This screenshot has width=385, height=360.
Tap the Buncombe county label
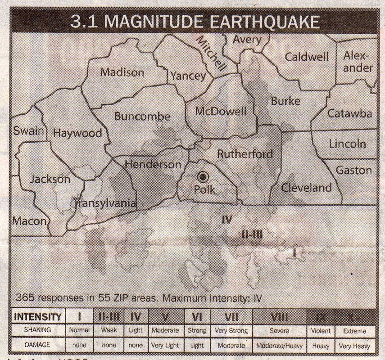tap(142, 117)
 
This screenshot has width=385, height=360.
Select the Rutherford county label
tap(245, 154)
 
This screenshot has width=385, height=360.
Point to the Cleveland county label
tap(306, 188)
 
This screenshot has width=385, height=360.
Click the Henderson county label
tap(153, 165)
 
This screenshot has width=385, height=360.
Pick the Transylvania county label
tap(105, 203)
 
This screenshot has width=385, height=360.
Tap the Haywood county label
tap(77, 133)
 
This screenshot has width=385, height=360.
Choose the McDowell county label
tap(221, 111)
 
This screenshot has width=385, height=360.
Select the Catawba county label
tap(350, 113)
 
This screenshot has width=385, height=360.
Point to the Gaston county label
tap(354, 171)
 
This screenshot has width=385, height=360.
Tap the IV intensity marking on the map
tap(226, 220)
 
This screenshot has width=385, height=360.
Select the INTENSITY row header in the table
tap(38, 317)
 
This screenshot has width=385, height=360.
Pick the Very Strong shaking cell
tap(232, 331)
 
